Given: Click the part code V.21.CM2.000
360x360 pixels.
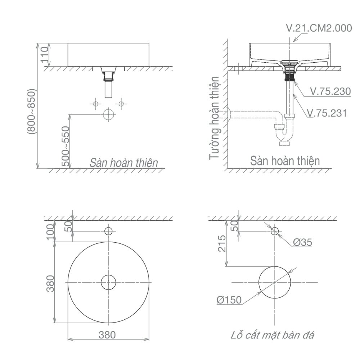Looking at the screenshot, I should click(319, 28).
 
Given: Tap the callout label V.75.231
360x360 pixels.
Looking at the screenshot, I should click(327, 113).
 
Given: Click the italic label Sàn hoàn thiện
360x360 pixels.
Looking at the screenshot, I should click(124, 162).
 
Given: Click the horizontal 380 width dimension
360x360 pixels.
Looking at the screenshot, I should click(107, 335).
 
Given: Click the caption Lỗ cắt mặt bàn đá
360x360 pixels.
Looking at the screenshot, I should click(273, 336).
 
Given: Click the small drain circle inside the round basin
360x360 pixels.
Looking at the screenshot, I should click(108, 282).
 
